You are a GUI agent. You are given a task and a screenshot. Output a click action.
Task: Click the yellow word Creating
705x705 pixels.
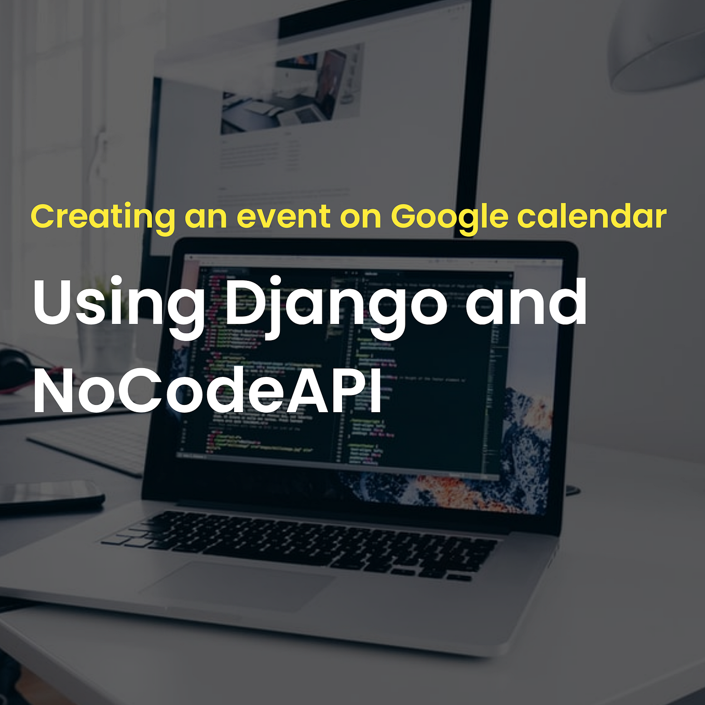point(102,216)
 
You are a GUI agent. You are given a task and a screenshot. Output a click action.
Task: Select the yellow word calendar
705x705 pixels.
point(592,216)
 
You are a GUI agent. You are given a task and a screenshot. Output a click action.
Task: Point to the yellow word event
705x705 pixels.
point(283,216)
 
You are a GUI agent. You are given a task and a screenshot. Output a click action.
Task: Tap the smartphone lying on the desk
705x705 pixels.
point(49,496)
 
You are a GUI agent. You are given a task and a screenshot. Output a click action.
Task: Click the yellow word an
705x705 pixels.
point(206,217)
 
